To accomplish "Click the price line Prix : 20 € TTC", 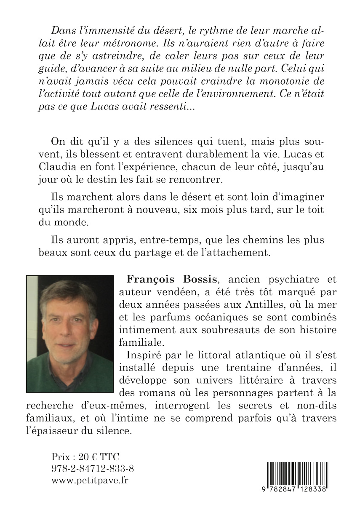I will pyautogui.click(x=85, y=456).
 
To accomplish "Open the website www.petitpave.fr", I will pyautogui.click(x=90, y=480).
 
